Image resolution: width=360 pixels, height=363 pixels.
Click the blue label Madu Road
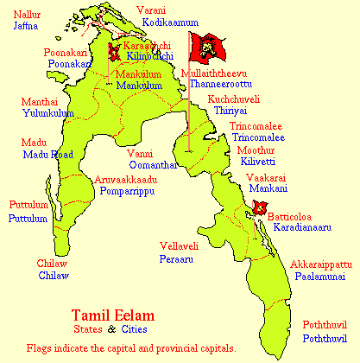coord(48,154)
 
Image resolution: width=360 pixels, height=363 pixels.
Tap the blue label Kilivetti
coord(262,162)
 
